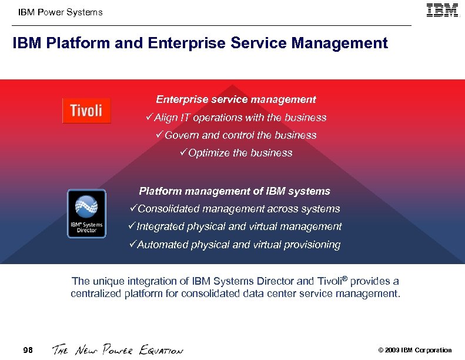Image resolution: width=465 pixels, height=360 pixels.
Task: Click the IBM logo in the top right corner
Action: click(442, 11)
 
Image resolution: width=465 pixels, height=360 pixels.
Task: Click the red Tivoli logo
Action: click(86, 111)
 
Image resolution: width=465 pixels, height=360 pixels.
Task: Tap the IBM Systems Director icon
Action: click(86, 214)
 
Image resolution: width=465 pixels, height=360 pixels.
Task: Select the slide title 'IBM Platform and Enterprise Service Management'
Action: click(200, 44)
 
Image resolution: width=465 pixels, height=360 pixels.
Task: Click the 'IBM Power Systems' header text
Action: click(60, 12)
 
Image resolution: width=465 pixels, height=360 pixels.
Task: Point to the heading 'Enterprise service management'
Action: click(236, 100)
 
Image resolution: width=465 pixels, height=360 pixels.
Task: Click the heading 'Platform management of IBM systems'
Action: click(235, 191)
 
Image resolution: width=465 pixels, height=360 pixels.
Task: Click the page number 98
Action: click(28, 351)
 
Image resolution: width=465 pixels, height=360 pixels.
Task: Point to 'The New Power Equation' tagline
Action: click(118, 350)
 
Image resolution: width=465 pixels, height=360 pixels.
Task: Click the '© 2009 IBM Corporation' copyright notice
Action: click(415, 351)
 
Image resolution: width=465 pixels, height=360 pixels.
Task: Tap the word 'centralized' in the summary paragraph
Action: click(96, 293)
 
